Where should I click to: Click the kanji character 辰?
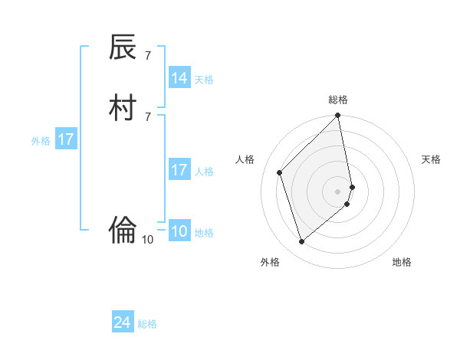pyautogui.click(x=123, y=47)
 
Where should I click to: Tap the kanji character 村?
pyautogui.click(x=123, y=106)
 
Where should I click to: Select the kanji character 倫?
pyautogui.click(x=123, y=229)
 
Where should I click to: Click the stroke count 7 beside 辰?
pyautogui.click(x=147, y=56)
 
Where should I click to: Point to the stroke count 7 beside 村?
pyautogui.click(x=147, y=116)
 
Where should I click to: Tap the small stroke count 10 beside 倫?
pyautogui.click(x=147, y=240)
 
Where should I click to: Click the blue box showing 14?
pyautogui.click(x=179, y=78)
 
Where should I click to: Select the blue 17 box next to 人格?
pyautogui.click(x=179, y=170)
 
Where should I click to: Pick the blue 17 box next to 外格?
pyautogui.click(x=66, y=139)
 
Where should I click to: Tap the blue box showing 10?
pyautogui.click(x=179, y=231)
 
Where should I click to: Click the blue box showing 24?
pyautogui.click(x=123, y=323)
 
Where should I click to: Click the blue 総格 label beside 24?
pyautogui.click(x=147, y=324)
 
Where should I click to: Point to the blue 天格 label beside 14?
pyautogui.click(x=204, y=79)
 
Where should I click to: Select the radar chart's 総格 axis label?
pyautogui.click(x=338, y=100)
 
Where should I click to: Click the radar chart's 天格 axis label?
pyautogui.click(x=431, y=159)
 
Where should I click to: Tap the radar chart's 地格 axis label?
pyautogui.click(x=402, y=262)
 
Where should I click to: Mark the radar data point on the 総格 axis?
pyautogui.click(x=338, y=116)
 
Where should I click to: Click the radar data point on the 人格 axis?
pyautogui.click(x=280, y=172)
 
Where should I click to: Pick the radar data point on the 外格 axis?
pyautogui.click(x=302, y=242)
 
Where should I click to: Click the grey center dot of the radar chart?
pyautogui.click(x=338, y=191)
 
